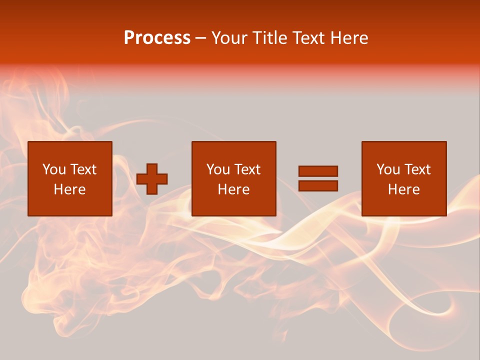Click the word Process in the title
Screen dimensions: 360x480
pos(157,38)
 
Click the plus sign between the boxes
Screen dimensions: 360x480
pos(152,179)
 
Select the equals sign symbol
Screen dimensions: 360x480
pos(318,178)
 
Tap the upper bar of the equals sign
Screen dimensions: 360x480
pos(318,171)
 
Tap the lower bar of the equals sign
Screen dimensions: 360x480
pos(318,185)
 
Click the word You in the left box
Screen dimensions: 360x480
pos(53,169)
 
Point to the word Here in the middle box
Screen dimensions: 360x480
pos(233,189)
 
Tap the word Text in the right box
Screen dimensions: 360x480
pos(417,169)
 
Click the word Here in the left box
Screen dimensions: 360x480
pos(69,189)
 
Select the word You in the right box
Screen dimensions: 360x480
pos(387,169)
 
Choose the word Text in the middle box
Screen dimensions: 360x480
pos(247,169)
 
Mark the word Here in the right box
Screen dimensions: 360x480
pos(403,189)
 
